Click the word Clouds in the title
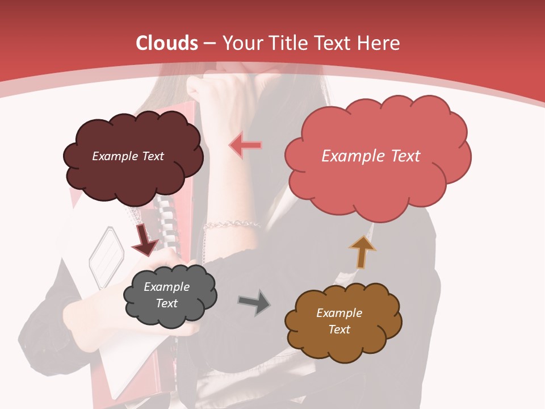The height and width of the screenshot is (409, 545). [x=167, y=43]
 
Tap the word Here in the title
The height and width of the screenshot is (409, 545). [x=379, y=43]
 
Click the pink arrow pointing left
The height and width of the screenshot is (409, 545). [x=245, y=145]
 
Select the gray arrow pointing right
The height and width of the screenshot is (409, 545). [x=254, y=302]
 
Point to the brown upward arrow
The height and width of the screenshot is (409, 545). [x=362, y=252]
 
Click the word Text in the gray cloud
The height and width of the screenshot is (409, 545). [x=167, y=303]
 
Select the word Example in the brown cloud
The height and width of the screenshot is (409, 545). [x=339, y=312]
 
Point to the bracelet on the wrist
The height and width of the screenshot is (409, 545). [x=230, y=225]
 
